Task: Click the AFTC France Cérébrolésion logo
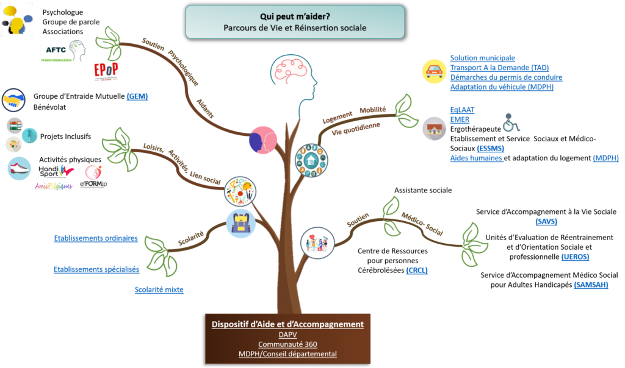61,51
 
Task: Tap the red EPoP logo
107,71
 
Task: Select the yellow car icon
434,71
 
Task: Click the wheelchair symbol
511,122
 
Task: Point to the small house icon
434,129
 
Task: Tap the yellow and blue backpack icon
239,223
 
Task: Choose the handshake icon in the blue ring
13,99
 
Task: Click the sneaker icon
19,168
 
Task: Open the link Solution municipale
482,58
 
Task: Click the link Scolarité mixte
159,290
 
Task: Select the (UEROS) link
575,257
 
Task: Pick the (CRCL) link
416,270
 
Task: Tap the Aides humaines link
476,158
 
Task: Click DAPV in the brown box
287,334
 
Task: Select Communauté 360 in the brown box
287,344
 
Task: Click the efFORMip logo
93,176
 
